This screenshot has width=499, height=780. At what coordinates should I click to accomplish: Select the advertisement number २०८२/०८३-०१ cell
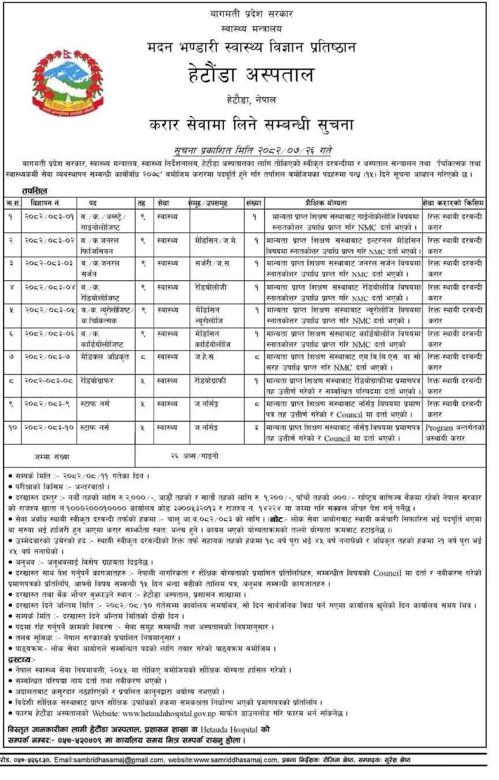[x=49, y=216]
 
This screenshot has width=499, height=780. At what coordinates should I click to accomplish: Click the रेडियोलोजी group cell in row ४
[x=211, y=285]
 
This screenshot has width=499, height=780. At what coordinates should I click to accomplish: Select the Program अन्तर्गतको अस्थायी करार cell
[x=455, y=433]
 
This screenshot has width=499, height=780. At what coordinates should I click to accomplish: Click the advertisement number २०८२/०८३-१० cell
[x=49, y=428]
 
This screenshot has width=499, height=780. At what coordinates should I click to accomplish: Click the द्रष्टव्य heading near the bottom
[x=23, y=659]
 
